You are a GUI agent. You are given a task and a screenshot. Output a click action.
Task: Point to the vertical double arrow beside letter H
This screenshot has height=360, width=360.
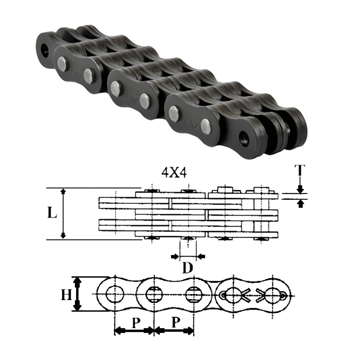click(77, 294)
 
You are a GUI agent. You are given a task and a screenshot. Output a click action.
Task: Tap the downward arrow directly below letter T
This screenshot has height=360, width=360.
click(301, 188)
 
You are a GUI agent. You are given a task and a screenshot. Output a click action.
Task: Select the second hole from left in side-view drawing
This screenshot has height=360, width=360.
click(154, 295)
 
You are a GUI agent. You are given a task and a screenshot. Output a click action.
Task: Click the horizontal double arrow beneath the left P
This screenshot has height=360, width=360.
click(134, 330)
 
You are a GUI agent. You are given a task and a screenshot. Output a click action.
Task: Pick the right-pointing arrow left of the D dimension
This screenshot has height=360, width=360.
click(175, 256)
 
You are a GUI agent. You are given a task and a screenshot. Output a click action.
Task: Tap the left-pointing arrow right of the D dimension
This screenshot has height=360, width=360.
click(201, 256)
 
